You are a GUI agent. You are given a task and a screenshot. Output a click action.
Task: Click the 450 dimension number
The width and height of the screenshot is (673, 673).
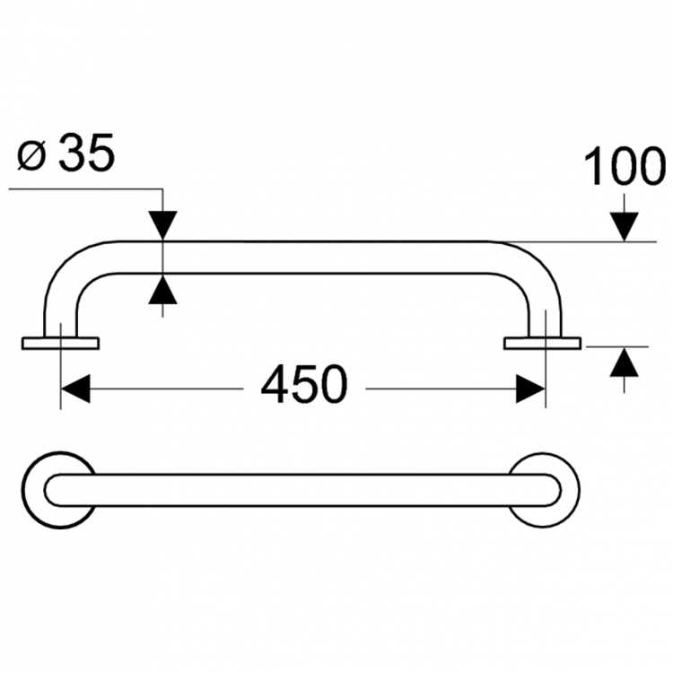click(303, 387)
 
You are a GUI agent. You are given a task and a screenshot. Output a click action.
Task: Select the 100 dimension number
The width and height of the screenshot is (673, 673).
click(625, 167)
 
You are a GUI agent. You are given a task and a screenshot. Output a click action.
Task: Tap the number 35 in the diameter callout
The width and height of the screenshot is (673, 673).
click(87, 155)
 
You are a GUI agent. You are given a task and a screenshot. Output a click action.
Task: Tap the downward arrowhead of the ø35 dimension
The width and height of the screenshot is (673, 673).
click(163, 224)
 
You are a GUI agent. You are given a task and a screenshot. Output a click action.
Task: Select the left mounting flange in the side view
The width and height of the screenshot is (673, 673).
click(60, 343)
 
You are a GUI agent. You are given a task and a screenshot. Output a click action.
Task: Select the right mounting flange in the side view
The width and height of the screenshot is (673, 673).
click(542, 343)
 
